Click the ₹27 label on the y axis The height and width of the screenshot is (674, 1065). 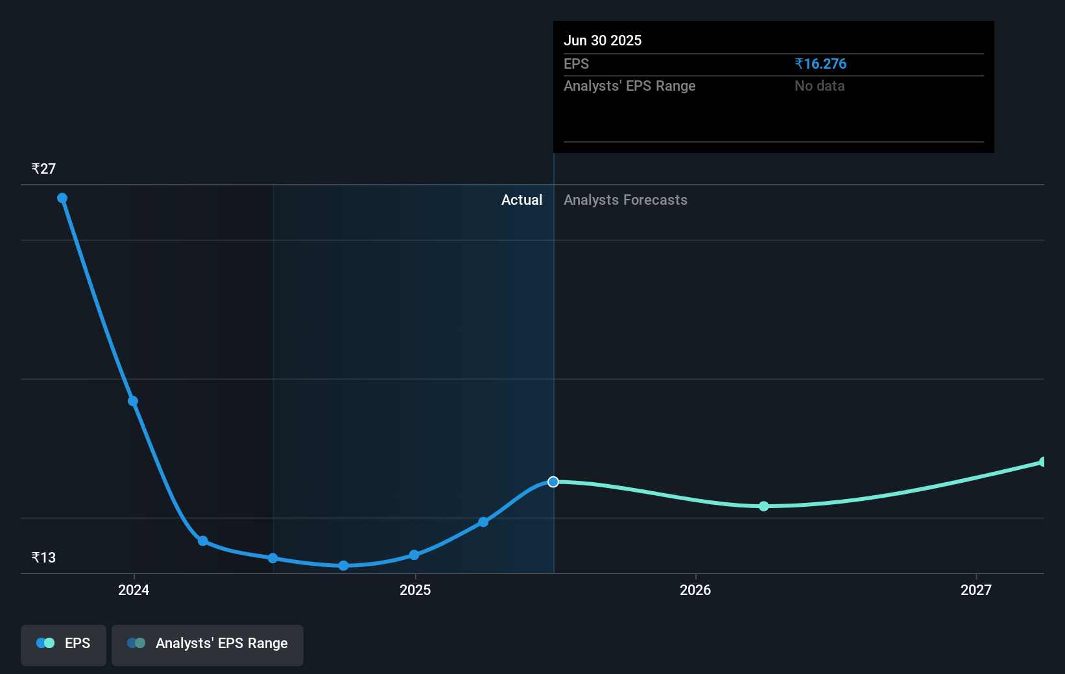(43, 168)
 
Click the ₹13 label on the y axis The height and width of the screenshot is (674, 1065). (43, 557)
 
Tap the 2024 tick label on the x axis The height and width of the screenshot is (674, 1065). (134, 590)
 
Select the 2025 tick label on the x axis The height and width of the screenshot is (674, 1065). (415, 590)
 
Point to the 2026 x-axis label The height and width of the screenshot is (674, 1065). (695, 590)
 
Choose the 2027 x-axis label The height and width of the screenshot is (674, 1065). (976, 590)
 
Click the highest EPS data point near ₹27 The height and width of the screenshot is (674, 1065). (62, 198)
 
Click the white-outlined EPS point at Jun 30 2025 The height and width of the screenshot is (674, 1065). (553, 482)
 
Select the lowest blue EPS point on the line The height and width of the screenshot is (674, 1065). (343, 566)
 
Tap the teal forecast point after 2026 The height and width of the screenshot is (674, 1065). (763, 506)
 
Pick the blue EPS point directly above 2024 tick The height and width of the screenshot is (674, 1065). (133, 401)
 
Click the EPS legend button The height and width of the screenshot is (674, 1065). (63, 645)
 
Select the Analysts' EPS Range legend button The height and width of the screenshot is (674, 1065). (208, 645)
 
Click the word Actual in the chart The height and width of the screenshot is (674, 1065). (521, 200)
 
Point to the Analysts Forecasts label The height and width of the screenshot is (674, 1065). (625, 200)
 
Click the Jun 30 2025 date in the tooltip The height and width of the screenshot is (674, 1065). (603, 40)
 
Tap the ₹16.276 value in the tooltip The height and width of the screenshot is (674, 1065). (820, 64)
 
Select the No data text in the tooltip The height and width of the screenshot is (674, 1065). (820, 86)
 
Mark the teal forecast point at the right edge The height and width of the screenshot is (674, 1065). (1043, 461)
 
